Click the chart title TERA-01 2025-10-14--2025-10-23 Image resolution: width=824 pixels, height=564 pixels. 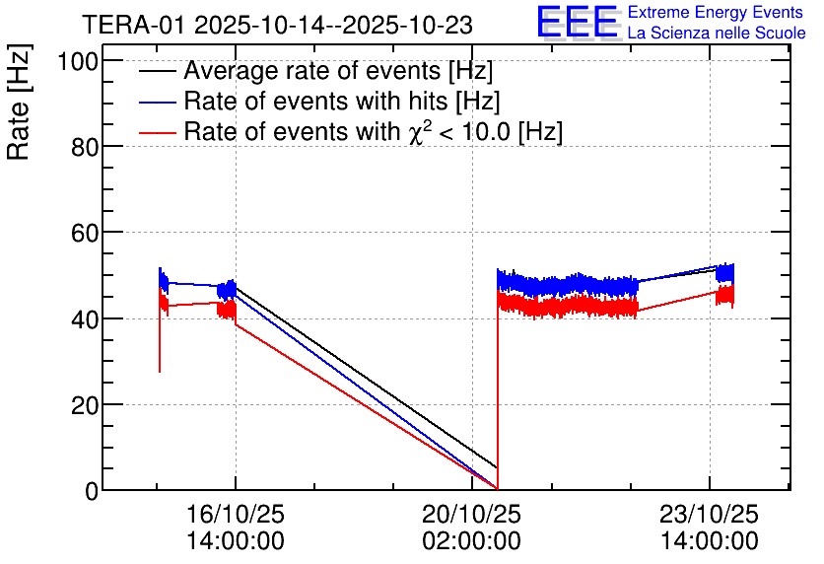(277, 24)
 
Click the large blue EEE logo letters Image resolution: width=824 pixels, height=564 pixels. (577, 22)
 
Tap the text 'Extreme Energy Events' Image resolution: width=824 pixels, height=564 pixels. (716, 13)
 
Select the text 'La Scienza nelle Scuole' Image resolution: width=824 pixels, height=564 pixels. (717, 34)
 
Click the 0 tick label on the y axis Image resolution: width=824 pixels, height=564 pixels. (91, 490)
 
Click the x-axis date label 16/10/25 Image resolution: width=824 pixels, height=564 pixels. (236, 515)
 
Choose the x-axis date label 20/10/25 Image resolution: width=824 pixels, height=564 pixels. (471, 515)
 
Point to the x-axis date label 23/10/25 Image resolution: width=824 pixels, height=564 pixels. (710, 515)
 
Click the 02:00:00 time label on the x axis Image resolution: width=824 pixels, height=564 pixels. (471, 540)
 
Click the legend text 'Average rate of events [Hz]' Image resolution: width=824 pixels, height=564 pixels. (337, 72)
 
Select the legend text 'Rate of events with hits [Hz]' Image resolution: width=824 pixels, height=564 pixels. (341, 102)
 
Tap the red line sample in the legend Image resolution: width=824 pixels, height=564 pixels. (157, 131)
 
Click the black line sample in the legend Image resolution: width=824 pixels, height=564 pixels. (157, 72)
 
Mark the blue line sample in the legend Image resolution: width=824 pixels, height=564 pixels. (157, 102)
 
